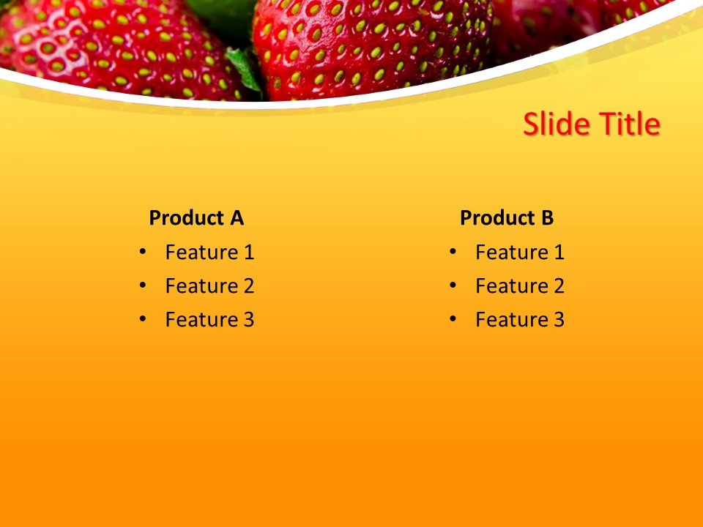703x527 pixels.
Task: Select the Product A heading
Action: (196, 218)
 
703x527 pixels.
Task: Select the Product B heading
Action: (506, 218)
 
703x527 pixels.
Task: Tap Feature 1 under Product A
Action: (209, 253)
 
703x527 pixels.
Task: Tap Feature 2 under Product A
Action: (209, 286)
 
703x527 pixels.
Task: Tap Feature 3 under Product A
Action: (209, 320)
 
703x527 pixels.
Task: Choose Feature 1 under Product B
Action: (519, 253)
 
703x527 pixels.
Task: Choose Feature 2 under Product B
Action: (519, 286)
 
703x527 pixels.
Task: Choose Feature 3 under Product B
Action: (519, 320)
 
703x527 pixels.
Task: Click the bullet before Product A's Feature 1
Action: (142, 252)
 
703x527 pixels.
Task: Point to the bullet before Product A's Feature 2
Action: (142, 285)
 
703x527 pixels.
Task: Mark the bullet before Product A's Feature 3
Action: (142, 319)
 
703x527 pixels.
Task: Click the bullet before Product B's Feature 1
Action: (453, 252)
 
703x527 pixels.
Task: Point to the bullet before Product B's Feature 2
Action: (453, 285)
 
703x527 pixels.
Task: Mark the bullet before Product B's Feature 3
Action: (453, 319)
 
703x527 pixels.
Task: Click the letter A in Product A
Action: (236, 218)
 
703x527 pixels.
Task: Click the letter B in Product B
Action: (547, 218)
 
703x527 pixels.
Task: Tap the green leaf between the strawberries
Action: (243, 66)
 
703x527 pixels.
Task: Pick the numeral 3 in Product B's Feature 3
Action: (559, 320)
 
